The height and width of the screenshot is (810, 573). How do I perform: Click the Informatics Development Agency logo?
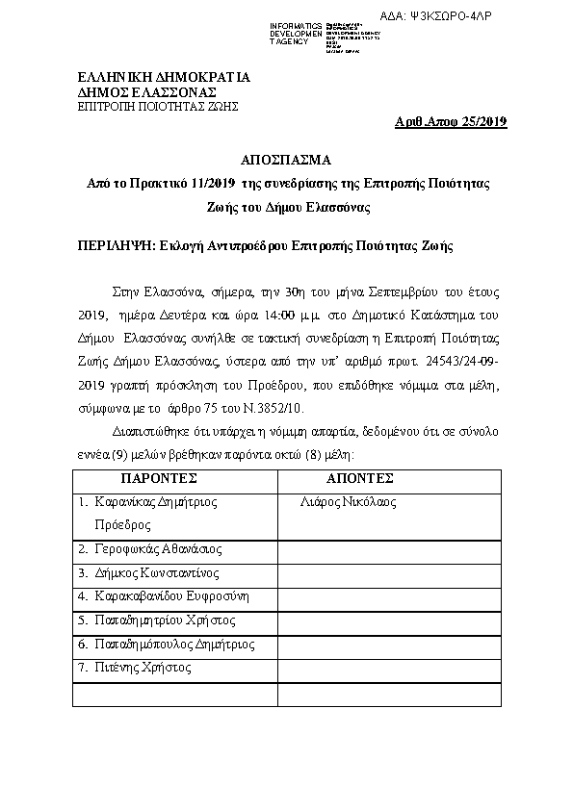319,34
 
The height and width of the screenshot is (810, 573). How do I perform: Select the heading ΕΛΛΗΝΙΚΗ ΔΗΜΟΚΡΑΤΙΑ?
164,76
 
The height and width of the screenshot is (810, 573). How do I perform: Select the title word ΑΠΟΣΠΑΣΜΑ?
285,159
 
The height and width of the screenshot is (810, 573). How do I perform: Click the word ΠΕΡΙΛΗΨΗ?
115,246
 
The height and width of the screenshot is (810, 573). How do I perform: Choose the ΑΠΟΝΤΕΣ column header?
360,478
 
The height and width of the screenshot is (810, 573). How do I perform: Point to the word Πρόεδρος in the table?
122,525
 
